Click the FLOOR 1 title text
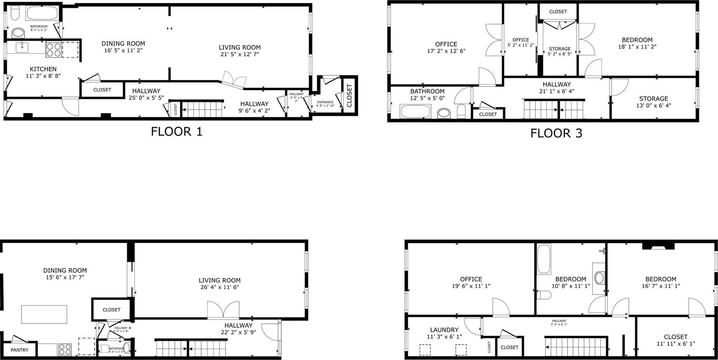176,132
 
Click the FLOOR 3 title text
556,133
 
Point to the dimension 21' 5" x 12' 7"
240,54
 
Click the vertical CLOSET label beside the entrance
349,95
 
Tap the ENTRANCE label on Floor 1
325,102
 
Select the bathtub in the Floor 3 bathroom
415,112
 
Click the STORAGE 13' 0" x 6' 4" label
653,102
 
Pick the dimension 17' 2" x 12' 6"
446,51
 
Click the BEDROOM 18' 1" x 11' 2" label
637,43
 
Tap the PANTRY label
19,350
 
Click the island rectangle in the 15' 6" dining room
44,314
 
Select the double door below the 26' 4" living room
223,310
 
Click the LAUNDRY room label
444,330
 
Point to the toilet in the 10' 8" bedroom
544,295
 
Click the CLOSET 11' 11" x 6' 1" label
676,340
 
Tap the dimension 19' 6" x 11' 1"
471,286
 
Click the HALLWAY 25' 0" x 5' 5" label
146,94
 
